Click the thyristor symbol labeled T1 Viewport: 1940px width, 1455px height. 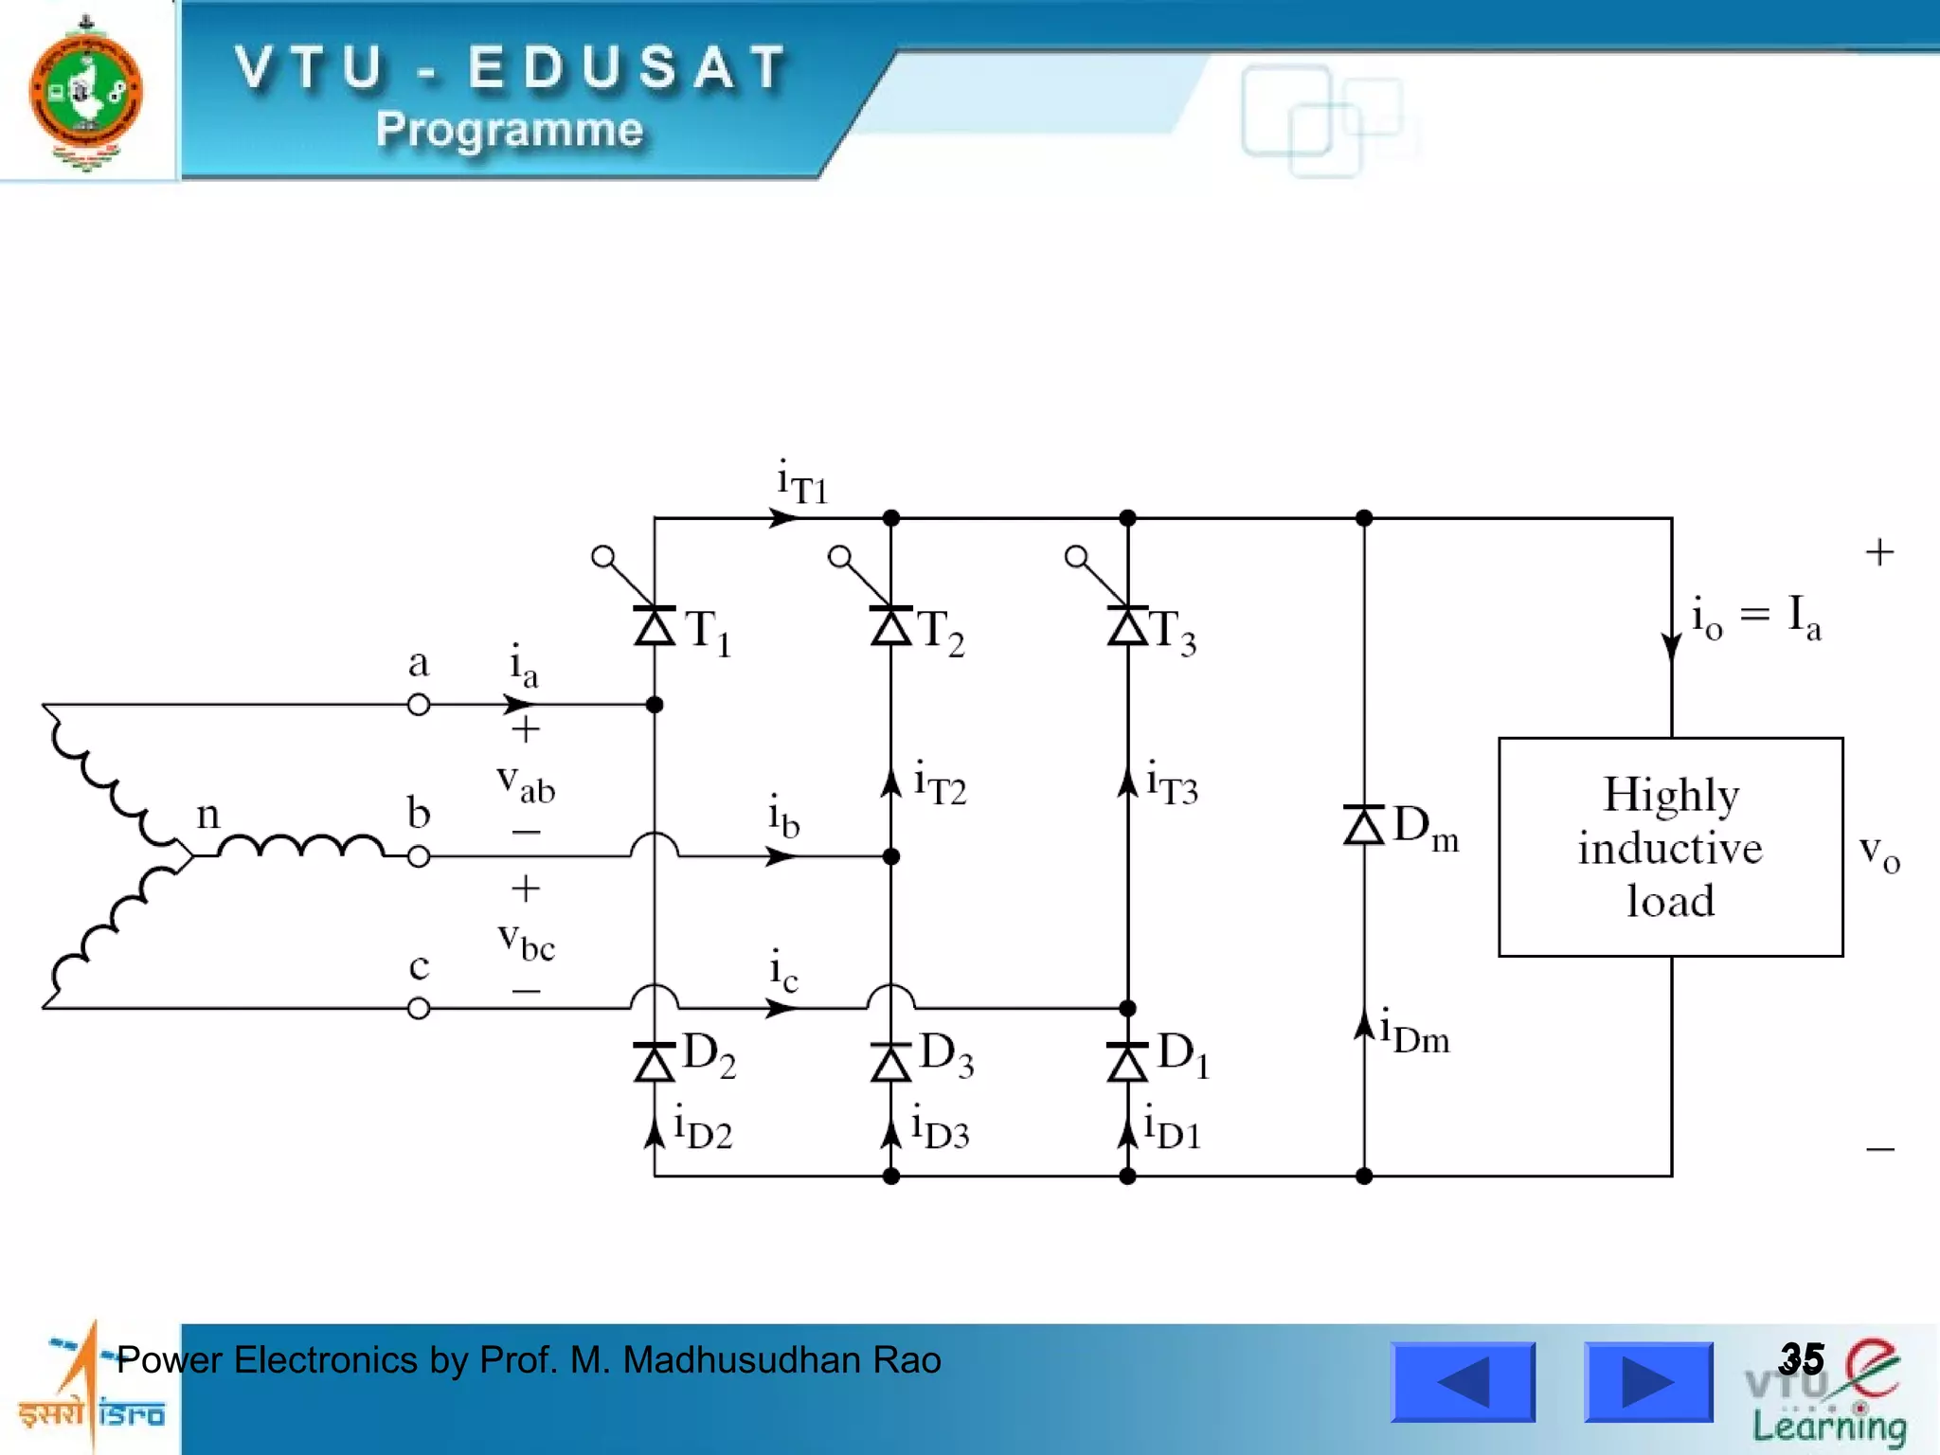point(654,625)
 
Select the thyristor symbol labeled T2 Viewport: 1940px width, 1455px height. point(890,625)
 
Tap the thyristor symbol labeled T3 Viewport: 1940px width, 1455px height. point(1127,625)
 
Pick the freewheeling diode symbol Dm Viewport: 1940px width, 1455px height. point(1364,825)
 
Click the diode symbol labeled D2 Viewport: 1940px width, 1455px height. point(654,1062)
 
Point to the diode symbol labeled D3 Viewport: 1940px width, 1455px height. point(890,1062)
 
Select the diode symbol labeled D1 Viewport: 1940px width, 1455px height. point(1127,1062)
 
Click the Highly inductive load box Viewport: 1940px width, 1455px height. point(1670,847)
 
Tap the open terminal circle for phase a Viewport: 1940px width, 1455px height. point(419,705)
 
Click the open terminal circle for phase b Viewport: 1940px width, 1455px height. point(419,856)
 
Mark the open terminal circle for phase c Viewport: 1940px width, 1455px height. point(419,1009)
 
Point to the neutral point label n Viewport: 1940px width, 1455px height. point(207,815)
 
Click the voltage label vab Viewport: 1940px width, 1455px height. point(526,782)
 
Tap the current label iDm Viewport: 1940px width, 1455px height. point(1414,1032)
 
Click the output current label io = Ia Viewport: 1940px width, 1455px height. point(1755,618)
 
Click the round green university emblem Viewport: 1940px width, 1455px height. point(86,92)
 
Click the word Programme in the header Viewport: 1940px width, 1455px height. point(510,129)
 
